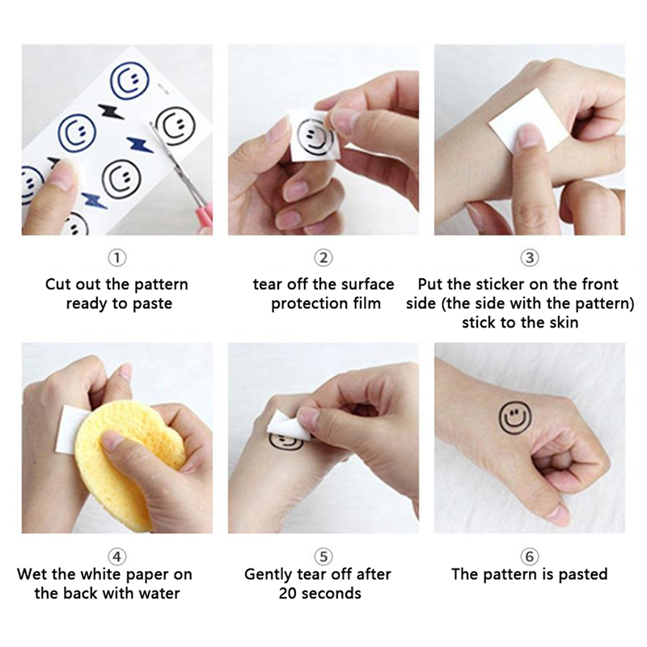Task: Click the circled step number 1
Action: (117, 258)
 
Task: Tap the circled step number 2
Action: (323, 258)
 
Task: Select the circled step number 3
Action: (530, 258)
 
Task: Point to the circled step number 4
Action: (117, 556)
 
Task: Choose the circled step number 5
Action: (323, 556)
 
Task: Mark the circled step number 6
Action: (530, 556)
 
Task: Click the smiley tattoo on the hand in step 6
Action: (515, 417)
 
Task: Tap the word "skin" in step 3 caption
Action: (564, 322)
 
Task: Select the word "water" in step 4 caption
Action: (159, 594)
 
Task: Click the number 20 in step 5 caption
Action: (288, 594)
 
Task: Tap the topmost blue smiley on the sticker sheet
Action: (130, 81)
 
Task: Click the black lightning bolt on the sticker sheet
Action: (111, 112)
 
